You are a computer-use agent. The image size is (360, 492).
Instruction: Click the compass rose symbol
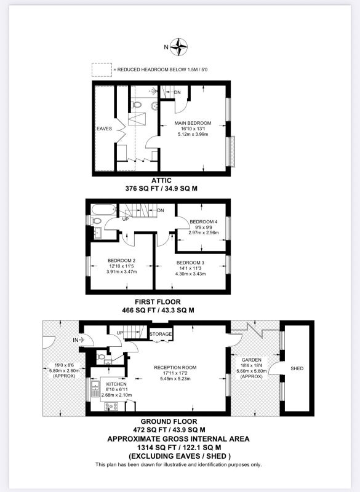180,47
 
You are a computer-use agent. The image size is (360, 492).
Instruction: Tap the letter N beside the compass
166,47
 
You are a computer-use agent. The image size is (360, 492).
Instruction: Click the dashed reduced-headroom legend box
102,69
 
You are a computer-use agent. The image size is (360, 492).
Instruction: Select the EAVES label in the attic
104,129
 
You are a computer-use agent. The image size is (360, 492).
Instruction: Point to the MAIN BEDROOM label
193,123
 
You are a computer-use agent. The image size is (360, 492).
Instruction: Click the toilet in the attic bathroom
135,105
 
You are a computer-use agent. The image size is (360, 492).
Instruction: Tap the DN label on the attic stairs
177,92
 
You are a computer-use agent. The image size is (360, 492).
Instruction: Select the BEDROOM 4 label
203,222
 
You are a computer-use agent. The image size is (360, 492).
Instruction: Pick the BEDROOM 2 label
121,260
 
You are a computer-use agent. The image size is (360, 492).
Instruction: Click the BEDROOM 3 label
191,263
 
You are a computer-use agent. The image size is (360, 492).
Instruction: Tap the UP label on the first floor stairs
126,219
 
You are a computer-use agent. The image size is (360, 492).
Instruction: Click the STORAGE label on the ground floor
161,334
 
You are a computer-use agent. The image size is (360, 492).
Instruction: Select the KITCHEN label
116,384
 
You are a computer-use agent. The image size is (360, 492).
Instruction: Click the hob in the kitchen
111,407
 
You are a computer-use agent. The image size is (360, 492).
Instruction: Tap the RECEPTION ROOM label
175,367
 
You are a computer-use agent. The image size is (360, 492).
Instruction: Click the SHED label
297,368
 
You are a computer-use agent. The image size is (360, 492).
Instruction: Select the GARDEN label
252,360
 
